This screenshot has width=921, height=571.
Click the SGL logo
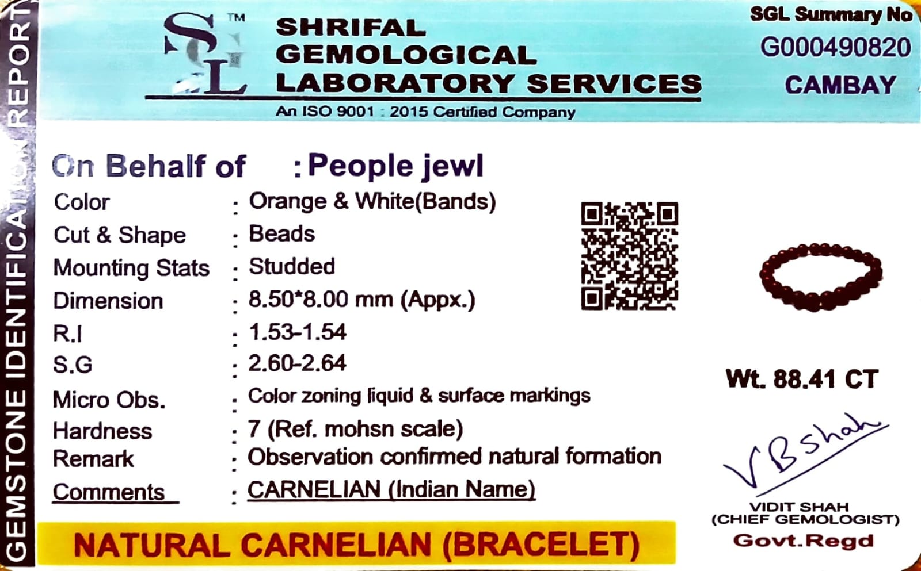(205, 53)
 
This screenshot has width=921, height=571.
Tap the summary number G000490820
(835, 48)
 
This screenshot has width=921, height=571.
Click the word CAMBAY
(840, 85)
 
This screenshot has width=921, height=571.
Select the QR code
(630, 255)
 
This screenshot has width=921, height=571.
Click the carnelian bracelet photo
(821, 277)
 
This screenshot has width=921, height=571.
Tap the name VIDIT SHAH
(805, 507)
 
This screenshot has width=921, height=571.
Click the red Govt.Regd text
(804, 541)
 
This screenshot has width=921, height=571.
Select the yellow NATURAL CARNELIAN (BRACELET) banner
(356, 543)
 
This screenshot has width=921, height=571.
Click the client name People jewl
(395, 166)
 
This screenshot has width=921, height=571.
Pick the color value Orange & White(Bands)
(372, 201)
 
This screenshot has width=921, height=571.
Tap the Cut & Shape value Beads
(281, 233)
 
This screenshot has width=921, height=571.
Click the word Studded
(292, 266)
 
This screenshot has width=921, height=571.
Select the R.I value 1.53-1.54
(297, 332)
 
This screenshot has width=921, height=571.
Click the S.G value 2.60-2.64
(297, 363)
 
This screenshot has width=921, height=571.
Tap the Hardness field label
(102, 431)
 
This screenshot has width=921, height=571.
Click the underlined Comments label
(109, 492)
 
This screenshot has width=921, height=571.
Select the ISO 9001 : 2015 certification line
(425, 112)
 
